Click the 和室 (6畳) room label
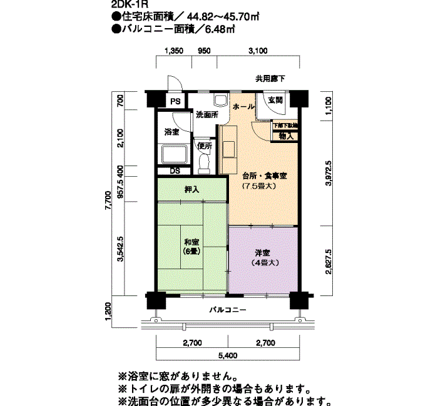(191, 247)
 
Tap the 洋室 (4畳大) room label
(262, 257)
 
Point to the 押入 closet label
(191, 189)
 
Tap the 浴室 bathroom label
(171, 132)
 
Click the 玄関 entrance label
(275, 100)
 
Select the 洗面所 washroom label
(206, 115)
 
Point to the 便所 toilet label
(205, 146)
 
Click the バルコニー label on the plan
(228, 310)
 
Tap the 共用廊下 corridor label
(270, 79)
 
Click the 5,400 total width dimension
(228, 357)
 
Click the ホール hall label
(243, 107)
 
